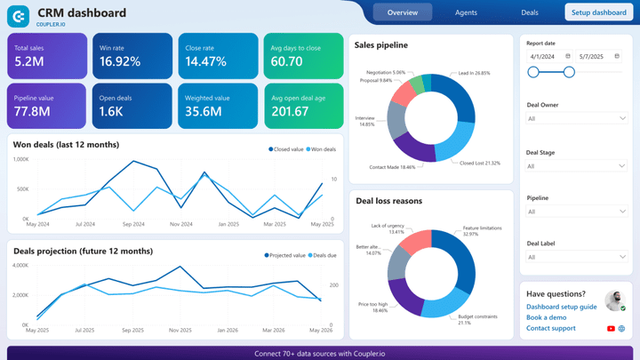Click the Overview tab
[402, 12]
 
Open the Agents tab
[466, 12]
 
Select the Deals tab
[530, 12]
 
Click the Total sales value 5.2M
[29, 61]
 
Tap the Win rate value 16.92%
[120, 61]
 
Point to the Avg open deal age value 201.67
[290, 111]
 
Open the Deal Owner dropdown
[576, 118]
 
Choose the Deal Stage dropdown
[576, 166]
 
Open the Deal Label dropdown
[576, 257]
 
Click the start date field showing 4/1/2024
[544, 56]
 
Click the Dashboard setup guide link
[561, 307]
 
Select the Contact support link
[550, 328]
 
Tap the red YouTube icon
[611, 329]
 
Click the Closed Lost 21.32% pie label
[479, 164]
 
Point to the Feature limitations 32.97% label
[482, 231]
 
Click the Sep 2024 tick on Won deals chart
[133, 224]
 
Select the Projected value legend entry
[284, 255]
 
